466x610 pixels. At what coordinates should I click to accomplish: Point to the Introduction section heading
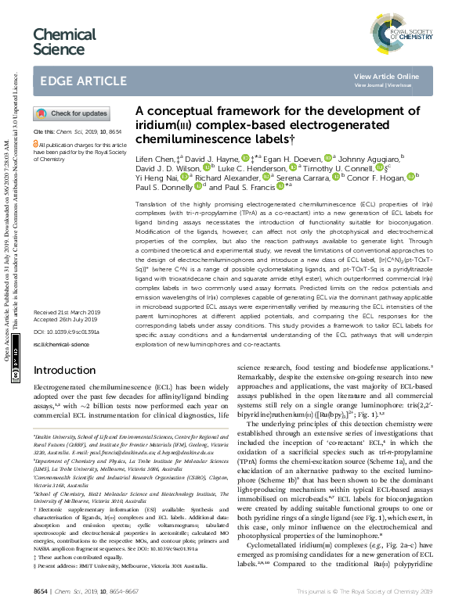tap(66, 370)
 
